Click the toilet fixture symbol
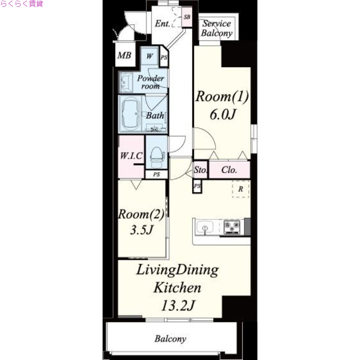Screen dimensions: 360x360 tap(157, 157)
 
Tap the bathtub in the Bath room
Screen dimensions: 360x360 tap(130, 114)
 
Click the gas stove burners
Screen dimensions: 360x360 tap(232, 227)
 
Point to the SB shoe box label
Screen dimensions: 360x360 tap(187, 17)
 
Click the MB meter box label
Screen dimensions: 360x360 tap(124, 55)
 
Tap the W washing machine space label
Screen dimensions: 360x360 tap(150, 56)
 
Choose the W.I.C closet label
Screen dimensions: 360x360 tap(131, 156)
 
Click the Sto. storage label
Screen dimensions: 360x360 tap(200, 170)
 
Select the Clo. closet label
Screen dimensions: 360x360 tap(229, 170)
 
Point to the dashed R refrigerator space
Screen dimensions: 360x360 tap(241, 189)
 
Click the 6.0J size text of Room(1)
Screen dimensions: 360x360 tap(222, 114)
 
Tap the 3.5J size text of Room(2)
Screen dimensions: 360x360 tap(141, 229)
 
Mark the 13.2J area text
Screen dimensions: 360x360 tap(178, 306)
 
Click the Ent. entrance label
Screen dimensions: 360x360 tap(162, 23)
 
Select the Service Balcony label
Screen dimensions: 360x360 tap(217, 28)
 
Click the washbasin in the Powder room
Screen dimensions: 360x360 tap(126, 82)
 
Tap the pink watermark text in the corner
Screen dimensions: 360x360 tap(22, 4)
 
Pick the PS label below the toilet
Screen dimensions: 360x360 tap(157, 175)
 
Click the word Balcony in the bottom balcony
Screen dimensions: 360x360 tap(171, 339)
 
